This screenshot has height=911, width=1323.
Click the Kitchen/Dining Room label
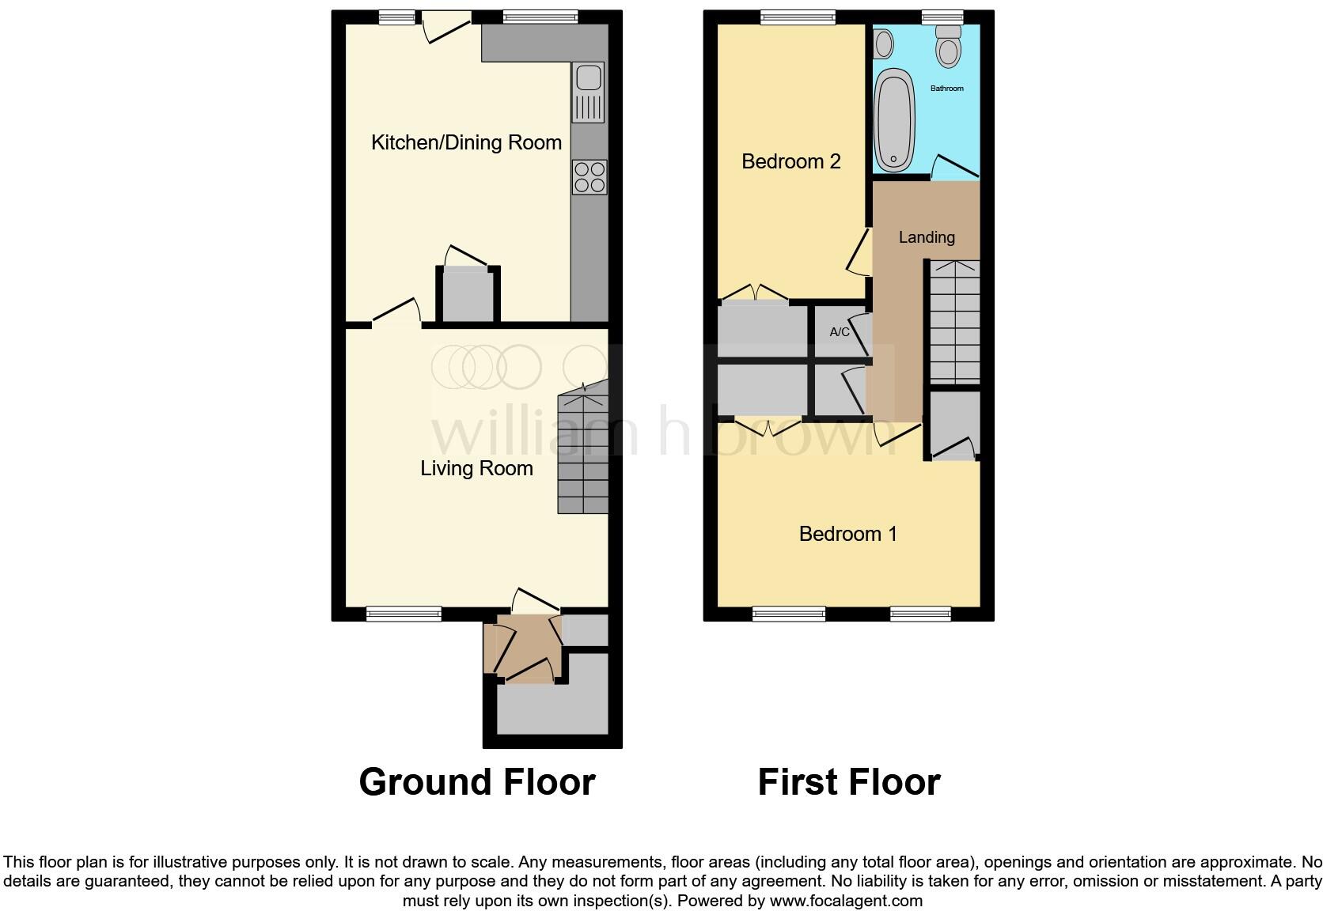466,142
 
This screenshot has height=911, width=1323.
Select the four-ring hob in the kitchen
589,177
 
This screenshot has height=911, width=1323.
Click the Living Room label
476,468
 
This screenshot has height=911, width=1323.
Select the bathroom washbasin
884,43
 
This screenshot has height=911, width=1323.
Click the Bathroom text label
946,89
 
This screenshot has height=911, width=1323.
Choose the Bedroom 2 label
790,161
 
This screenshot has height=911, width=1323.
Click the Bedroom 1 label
847,534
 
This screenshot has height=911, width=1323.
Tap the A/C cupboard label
840,332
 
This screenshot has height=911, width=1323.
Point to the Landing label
927,237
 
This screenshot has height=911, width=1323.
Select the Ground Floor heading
476,782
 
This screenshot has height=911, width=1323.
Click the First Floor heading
848,782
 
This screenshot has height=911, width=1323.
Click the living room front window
404,613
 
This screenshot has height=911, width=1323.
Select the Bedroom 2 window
798,17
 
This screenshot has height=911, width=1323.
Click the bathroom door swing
955,167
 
